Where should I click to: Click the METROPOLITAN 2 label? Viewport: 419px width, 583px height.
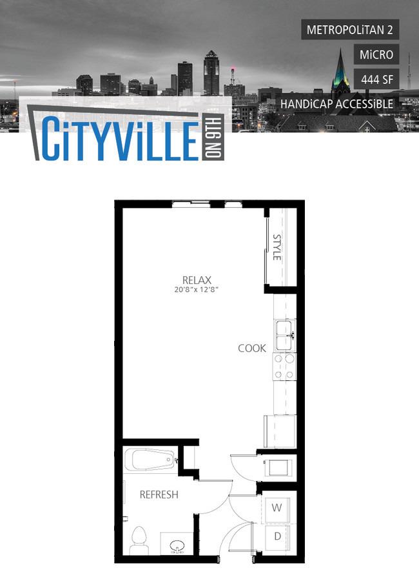click(x=349, y=29)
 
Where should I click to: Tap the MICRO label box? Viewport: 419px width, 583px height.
click(x=376, y=54)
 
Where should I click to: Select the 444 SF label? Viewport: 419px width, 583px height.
click(x=376, y=79)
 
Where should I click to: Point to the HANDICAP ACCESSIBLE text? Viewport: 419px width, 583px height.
click(x=336, y=104)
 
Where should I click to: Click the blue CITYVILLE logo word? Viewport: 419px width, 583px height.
click(x=121, y=138)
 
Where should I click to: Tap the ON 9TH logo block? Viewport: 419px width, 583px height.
click(x=213, y=138)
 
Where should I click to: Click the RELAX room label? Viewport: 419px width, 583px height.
click(x=197, y=280)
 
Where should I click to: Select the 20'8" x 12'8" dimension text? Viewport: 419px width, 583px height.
click(x=196, y=289)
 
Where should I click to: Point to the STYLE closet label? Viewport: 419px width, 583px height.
click(x=277, y=247)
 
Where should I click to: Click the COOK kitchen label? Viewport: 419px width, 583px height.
click(x=252, y=349)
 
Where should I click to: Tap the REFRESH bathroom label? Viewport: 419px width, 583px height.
click(x=159, y=495)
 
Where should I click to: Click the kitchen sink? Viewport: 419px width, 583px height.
click(x=285, y=336)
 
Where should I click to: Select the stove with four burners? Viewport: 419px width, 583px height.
click(x=285, y=367)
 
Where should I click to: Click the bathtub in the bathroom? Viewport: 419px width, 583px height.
click(x=150, y=460)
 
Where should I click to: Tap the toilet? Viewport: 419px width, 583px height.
click(x=139, y=541)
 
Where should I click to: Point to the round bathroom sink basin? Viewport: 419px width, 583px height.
click(x=177, y=547)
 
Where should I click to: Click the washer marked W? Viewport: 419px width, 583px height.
click(x=276, y=508)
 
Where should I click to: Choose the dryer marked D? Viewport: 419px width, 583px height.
click(x=277, y=537)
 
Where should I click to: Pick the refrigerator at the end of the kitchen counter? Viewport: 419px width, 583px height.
click(x=280, y=431)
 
